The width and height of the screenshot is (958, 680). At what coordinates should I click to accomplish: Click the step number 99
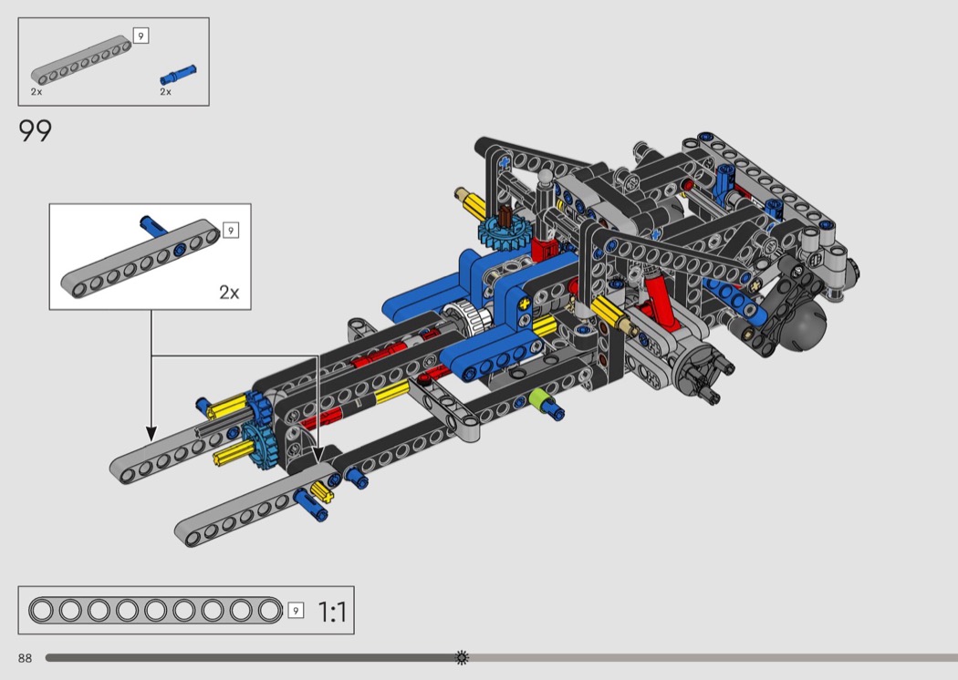coord(36,130)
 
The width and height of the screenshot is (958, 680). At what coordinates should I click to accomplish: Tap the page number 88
coord(25,658)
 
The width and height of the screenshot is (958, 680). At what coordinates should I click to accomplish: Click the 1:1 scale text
coord(332,612)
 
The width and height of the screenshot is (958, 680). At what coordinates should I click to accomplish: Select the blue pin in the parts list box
coord(179,75)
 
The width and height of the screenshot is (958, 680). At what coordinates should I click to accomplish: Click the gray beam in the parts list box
coord(81,60)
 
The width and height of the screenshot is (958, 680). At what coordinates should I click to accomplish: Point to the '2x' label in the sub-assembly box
coord(229,293)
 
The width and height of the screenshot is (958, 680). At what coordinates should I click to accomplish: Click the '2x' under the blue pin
coord(165,91)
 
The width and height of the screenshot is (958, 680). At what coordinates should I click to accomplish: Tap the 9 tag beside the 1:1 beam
coord(296,611)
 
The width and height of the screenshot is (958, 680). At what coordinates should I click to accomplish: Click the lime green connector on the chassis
coord(538,398)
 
